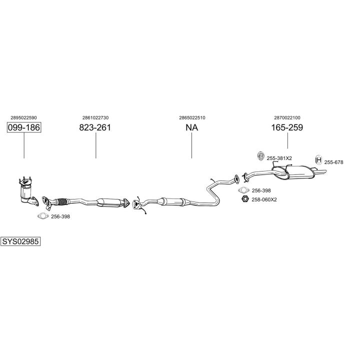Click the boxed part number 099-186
24,127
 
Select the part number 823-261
95,127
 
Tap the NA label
191,127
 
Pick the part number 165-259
287,127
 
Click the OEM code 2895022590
23,118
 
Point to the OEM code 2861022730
95,118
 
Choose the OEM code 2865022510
192,118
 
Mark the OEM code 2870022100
287,118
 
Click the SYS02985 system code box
20,241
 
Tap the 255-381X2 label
279,158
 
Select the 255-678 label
333,162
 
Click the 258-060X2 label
264,199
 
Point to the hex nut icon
245,199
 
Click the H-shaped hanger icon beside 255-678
318,160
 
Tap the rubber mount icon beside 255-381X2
260,156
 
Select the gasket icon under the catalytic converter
43,216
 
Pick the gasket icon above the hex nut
243,190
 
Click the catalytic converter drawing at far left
28,191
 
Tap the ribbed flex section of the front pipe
62,201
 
